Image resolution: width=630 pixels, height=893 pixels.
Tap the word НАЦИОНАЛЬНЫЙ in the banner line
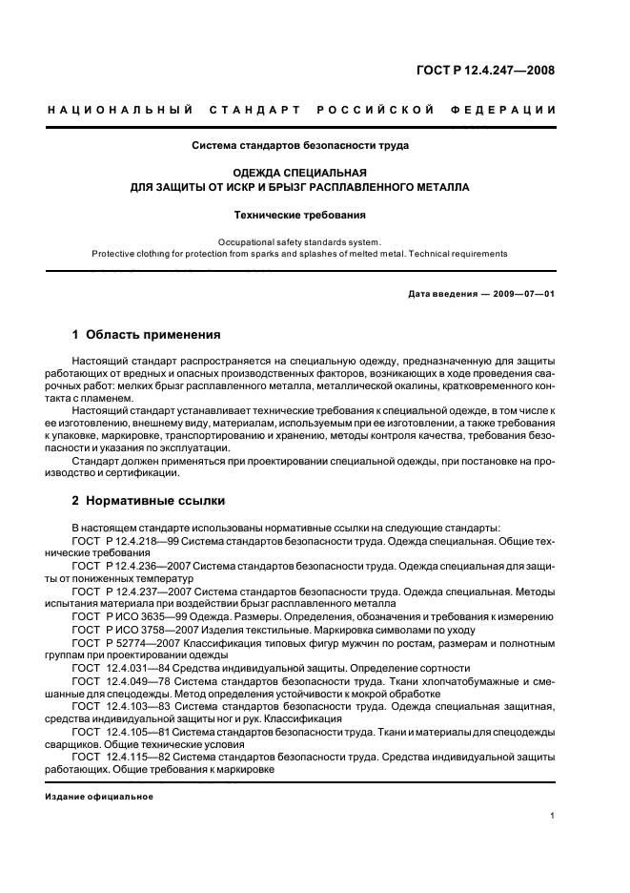coord(120,110)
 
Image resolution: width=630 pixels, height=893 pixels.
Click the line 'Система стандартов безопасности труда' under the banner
coord(300,146)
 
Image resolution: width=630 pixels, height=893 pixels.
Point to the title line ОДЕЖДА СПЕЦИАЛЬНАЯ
coord(300,173)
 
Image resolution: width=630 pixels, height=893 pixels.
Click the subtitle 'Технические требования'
coord(300,216)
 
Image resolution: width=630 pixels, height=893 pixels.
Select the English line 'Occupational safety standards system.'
coord(300,242)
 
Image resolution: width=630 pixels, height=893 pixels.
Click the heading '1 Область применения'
coord(147,335)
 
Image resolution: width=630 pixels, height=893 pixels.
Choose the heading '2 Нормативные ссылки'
coord(150,501)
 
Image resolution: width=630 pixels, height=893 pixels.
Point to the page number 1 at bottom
coord(553,816)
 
